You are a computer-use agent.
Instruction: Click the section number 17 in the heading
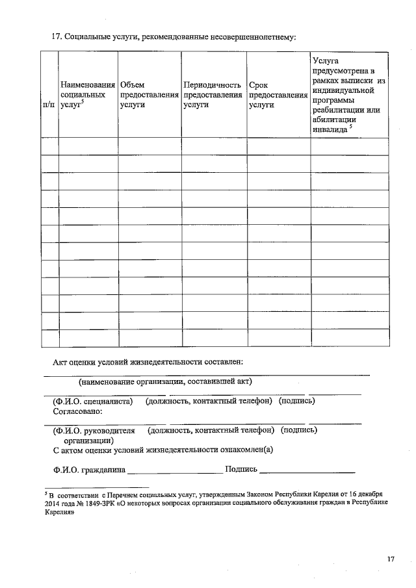coord(57,36)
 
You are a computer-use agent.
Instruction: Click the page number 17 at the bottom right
coord(390,559)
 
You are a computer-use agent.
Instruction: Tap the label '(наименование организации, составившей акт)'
coord(165,381)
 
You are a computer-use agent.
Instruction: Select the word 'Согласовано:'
coord(77,411)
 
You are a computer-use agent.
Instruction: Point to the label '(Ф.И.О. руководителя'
coord(94,430)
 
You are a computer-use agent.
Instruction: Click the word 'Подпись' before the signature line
coord(241,468)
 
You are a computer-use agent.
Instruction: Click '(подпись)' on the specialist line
coord(296,401)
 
